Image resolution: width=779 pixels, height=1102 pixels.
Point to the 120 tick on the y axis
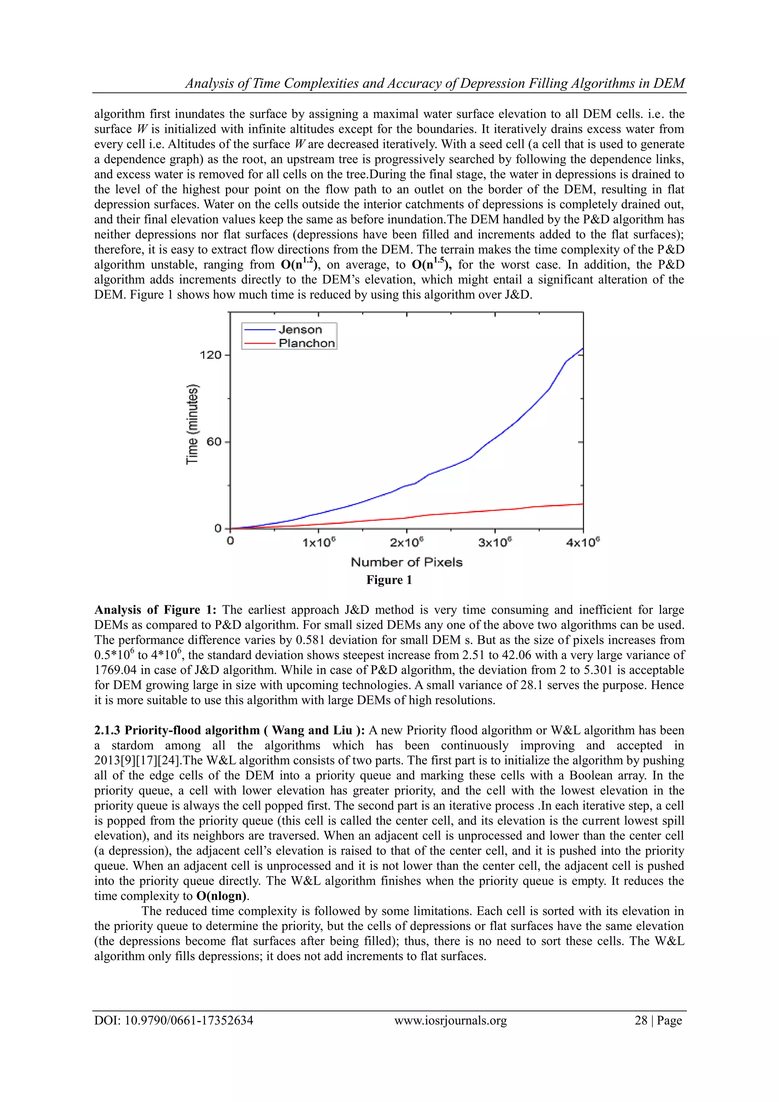(211, 355)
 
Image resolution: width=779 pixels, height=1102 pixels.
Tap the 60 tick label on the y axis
(214, 442)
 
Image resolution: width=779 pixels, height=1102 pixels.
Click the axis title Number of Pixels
(407, 562)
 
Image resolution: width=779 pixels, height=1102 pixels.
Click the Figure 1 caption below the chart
(389, 580)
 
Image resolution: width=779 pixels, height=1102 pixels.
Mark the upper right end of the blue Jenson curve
(582, 349)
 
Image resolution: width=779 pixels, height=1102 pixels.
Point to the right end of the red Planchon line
(582, 504)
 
